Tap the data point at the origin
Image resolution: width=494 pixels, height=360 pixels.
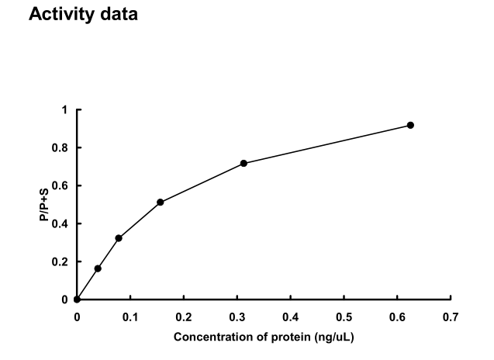(x=77, y=299)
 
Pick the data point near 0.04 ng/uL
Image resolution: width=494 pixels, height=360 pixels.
(x=98, y=268)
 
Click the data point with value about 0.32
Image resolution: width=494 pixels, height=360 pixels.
(x=119, y=238)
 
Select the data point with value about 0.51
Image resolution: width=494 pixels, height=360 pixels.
(x=161, y=202)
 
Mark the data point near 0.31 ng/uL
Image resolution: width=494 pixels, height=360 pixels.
(x=244, y=163)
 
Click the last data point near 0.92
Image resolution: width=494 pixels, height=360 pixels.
(x=410, y=125)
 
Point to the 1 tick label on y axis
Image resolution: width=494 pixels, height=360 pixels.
(x=66, y=110)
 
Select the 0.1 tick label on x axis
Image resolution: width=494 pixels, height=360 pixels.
(x=130, y=317)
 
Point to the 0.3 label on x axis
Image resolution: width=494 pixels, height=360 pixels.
(x=237, y=317)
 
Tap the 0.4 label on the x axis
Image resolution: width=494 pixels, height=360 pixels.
(x=291, y=317)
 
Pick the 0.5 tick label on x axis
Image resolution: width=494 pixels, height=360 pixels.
(x=344, y=317)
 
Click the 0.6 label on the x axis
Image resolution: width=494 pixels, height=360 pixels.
(x=397, y=317)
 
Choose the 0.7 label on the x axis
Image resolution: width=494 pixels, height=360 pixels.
(x=451, y=317)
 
